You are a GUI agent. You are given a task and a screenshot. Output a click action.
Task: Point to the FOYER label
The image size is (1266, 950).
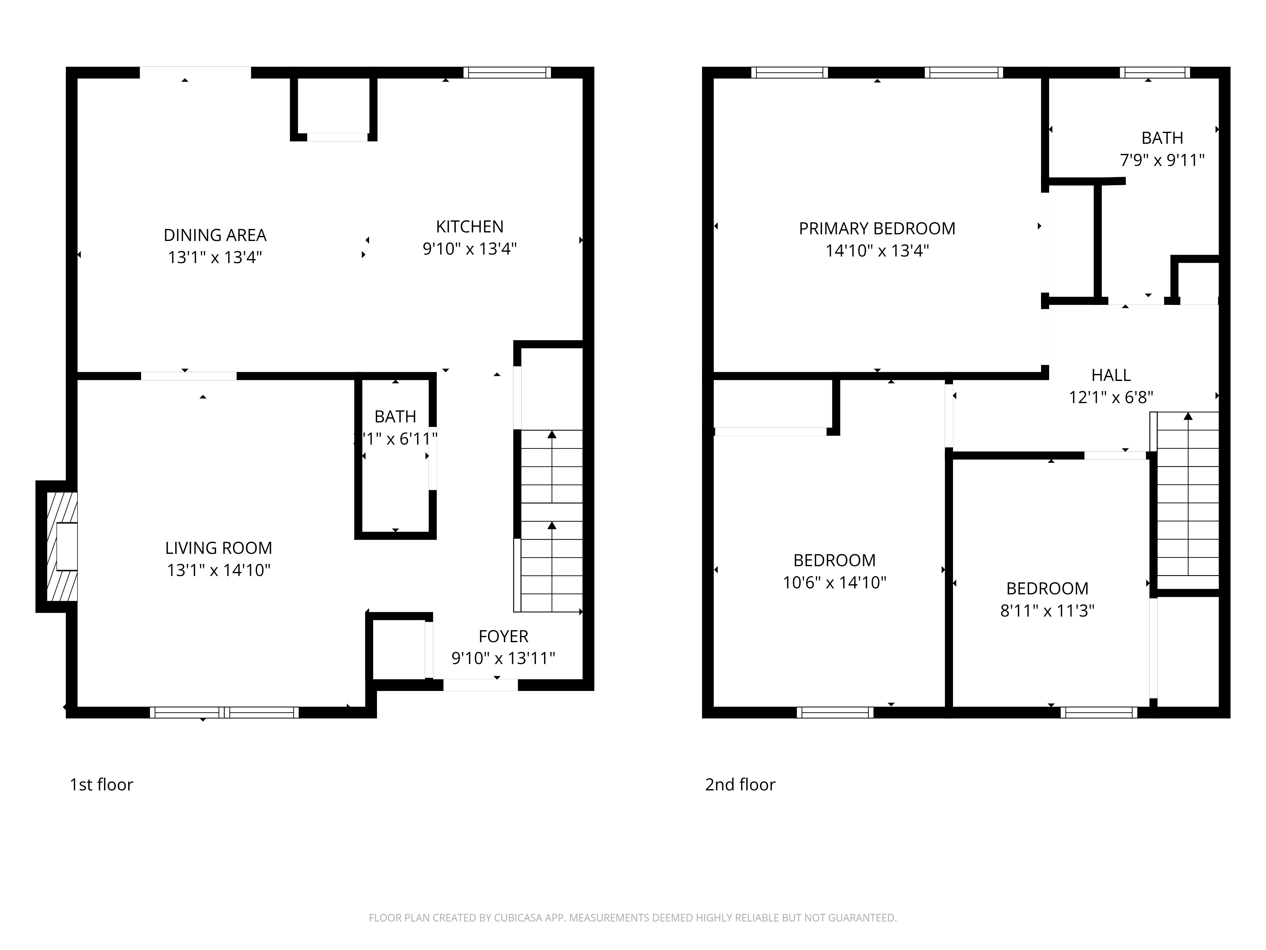[503, 636]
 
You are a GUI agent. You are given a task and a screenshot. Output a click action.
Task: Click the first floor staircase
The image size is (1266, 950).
[551, 521]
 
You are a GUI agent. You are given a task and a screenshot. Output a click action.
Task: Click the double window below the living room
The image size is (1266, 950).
[224, 712]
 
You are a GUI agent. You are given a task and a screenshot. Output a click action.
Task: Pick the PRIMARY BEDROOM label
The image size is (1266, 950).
[877, 229]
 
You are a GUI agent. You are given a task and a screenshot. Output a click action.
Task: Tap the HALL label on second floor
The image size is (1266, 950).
[1111, 375]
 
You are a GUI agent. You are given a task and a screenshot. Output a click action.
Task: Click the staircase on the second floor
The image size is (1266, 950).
[1188, 498]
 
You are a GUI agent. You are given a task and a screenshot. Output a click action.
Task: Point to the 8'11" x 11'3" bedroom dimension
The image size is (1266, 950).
[1047, 611]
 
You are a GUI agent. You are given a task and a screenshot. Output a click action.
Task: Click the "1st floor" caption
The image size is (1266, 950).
[101, 784]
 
